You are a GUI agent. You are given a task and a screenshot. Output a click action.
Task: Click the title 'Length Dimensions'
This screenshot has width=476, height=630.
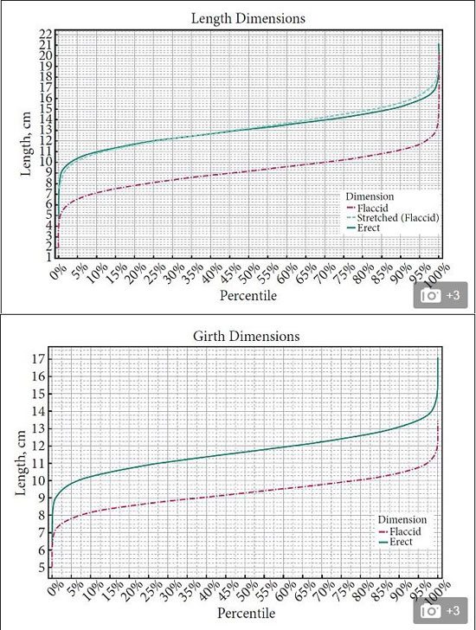click(248, 18)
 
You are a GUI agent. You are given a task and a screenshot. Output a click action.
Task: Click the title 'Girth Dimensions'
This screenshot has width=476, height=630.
click(247, 336)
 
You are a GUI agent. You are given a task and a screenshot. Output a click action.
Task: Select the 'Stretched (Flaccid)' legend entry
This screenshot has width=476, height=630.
click(398, 218)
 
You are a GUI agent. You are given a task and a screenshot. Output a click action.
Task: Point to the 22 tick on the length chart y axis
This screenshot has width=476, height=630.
click(45, 34)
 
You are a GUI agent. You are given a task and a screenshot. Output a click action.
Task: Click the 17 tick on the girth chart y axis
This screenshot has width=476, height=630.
click(39, 359)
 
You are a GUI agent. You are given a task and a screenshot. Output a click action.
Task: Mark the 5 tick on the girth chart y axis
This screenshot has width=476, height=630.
click(42, 568)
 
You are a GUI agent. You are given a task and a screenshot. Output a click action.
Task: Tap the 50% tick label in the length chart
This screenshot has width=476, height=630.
click(252, 273)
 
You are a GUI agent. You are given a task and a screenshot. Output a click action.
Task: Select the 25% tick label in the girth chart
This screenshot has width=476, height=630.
click(157, 590)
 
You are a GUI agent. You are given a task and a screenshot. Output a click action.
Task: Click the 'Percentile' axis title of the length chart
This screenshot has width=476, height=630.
click(248, 296)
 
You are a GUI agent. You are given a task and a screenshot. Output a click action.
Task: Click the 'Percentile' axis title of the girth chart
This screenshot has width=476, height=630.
click(247, 613)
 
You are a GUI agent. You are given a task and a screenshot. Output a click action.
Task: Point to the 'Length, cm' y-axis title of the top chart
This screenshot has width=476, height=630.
click(26, 144)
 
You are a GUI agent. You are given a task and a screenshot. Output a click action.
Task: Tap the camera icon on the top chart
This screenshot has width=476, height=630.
click(430, 296)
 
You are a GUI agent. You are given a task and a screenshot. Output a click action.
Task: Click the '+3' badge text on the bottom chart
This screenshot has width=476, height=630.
click(453, 611)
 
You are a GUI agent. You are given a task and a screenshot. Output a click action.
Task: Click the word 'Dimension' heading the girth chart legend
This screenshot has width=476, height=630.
click(402, 519)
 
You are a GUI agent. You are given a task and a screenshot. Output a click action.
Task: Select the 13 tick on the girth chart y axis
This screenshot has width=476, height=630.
click(39, 428)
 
